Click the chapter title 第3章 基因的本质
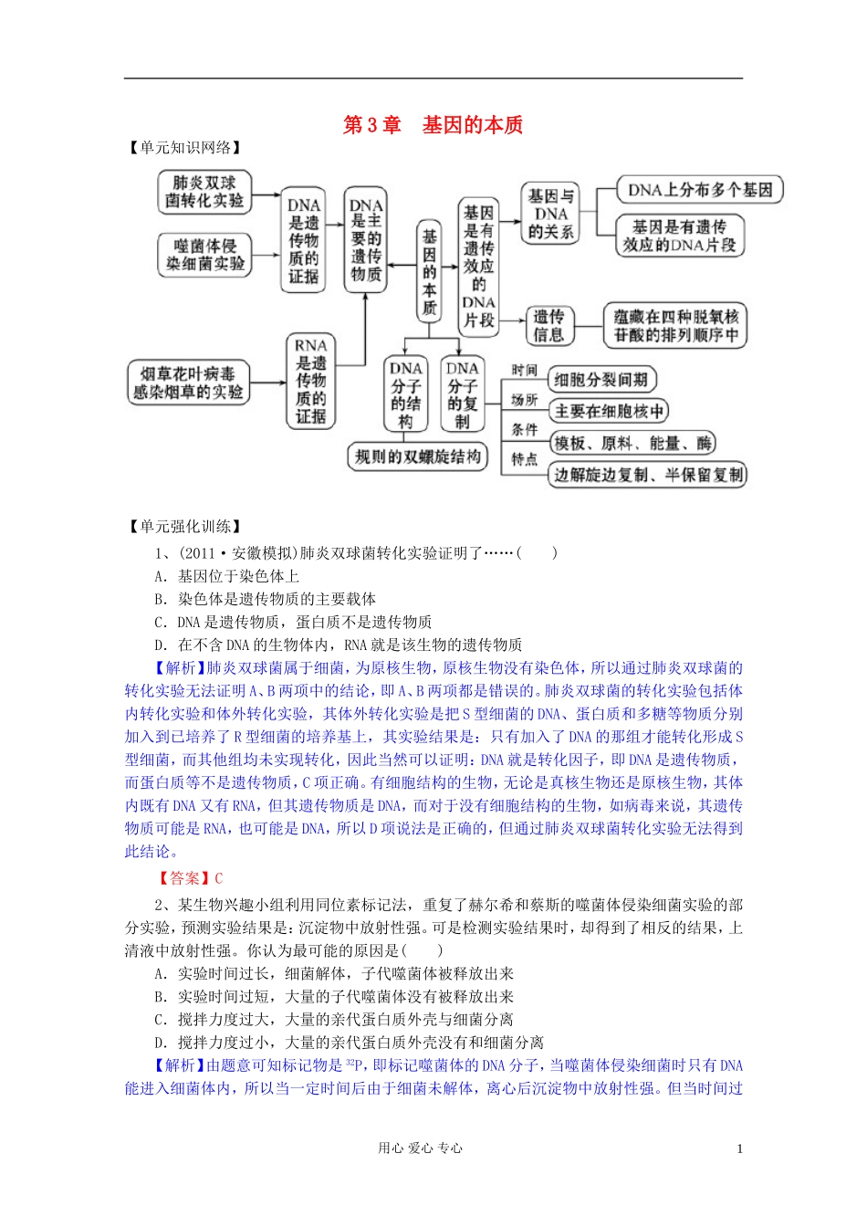(433, 125)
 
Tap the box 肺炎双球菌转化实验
(204, 192)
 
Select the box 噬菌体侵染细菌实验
(205, 255)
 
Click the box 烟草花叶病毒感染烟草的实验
(188, 383)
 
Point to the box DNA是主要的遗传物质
(366, 240)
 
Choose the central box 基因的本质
(429, 271)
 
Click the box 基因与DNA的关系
(551, 214)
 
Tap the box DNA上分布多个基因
(700, 190)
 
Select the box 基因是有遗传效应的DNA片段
(679, 236)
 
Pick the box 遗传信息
(548, 326)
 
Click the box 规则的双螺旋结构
(418, 456)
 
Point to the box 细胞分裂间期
(601, 380)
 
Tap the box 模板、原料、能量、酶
(633, 444)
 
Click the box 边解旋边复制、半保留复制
(649, 475)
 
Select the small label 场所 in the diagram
(524, 400)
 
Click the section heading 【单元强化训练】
(185, 526)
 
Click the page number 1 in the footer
(739, 1148)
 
